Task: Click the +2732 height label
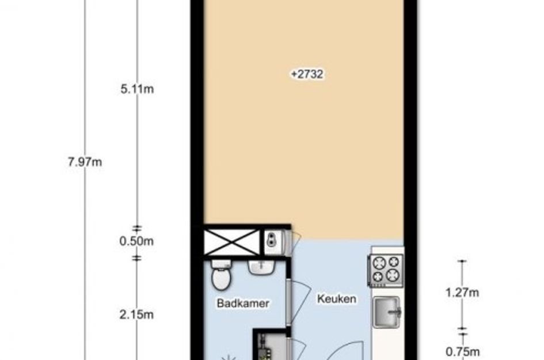coord(307,74)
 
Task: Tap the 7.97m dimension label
coord(85,162)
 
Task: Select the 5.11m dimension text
coord(137,89)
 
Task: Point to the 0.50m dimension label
coord(136,241)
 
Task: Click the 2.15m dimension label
coord(136,314)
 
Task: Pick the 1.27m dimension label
coord(462,293)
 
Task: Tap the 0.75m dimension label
coord(462,352)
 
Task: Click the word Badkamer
coord(243,303)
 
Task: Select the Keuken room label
coord(337,298)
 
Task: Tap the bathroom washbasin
coord(261,268)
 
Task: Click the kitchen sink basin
coord(386,313)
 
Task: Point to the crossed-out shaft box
coord(231,242)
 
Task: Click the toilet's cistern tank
coord(220,264)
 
